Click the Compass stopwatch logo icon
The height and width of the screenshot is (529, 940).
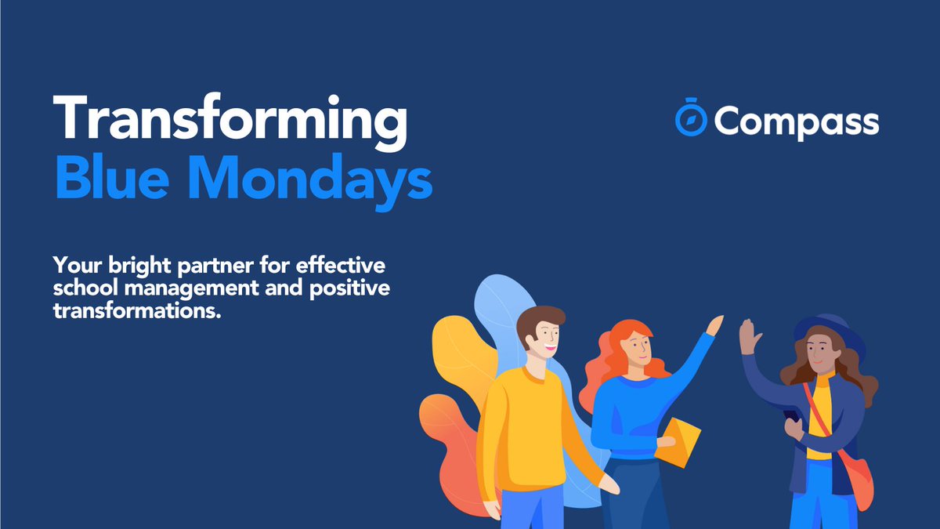pyautogui.click(x=691, y=120)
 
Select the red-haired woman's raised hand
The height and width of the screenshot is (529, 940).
pyautogui.click(x=714, y=324)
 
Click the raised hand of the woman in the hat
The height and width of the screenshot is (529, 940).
pyautogui.click(x=747, y=338)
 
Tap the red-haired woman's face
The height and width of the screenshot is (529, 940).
pyautogui.click(x=638, y=346)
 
